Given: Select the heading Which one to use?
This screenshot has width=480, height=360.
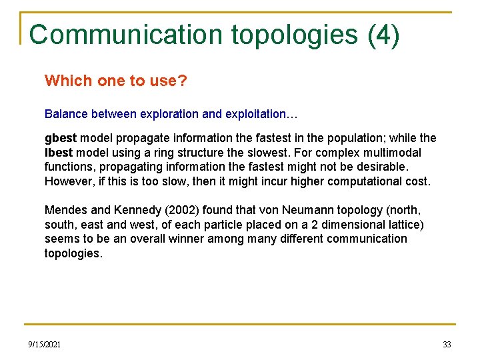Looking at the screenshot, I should click(x=115, y=81).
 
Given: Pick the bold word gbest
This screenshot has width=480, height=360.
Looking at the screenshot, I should click(x=61, y=138).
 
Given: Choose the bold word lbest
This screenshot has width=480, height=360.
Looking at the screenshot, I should click(x=59, y=153).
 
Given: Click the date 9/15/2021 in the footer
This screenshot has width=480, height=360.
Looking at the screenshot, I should click(x=45, y=345).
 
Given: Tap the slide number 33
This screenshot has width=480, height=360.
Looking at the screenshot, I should click(x=447, y=345).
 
